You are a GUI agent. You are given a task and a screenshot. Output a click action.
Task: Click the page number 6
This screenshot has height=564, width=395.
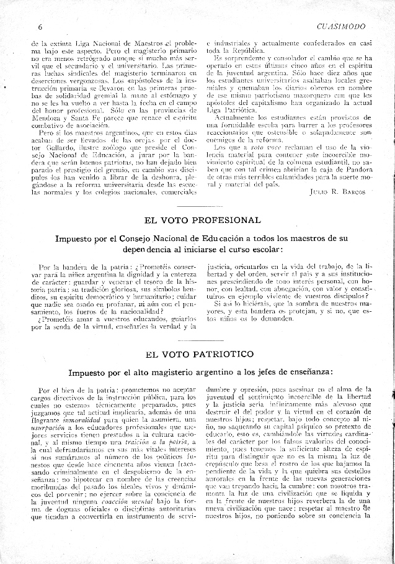point(40,27)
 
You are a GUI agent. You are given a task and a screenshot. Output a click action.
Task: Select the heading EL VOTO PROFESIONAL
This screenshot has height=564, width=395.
point(202,220)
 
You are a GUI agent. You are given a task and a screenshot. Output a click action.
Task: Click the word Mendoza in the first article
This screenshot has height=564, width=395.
point(47,116)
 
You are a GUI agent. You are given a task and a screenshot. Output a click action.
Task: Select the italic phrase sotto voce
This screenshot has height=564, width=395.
point(243,147)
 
